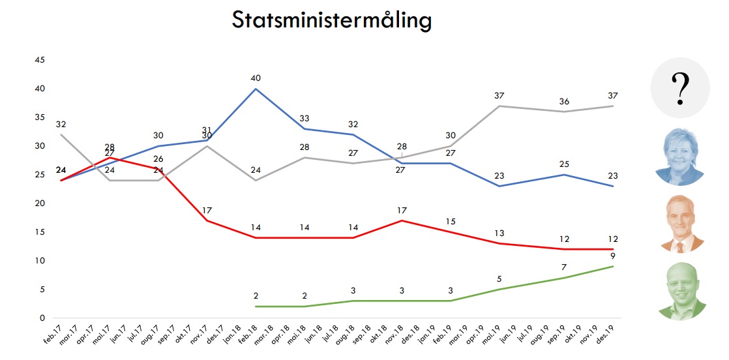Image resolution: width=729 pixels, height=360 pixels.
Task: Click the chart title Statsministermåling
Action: [331, 21]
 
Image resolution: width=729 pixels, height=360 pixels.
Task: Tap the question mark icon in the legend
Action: [679, 87]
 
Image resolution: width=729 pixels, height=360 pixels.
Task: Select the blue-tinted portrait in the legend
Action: [680, 157]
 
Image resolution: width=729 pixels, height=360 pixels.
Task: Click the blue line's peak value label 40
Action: [256, 78]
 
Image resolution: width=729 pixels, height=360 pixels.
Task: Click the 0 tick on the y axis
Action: [42, 318]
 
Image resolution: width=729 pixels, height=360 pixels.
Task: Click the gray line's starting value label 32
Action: [62, 123]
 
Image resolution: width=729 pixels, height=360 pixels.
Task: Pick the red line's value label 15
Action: [451, 221]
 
